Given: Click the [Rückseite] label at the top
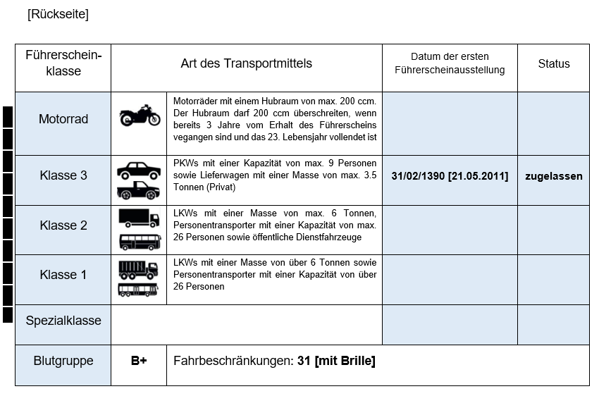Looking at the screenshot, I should click(58, 14).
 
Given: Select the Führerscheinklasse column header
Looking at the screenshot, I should click(63, 63).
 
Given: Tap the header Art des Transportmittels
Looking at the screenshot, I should click(246, 63).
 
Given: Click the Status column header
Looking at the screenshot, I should click(553, 63).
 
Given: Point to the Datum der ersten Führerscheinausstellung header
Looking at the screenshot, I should click(450, 63).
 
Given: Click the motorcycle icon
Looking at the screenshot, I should click(140, 115).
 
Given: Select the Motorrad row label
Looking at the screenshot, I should click(63, 119).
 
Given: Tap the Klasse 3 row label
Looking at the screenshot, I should click(63, 175).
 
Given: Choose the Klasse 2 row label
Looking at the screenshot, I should click(63, 225).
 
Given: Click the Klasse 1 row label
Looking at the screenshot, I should click(63, 275).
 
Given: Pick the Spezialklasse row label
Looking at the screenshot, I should click(63, 321).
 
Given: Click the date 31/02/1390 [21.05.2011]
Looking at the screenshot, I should click(450, 176).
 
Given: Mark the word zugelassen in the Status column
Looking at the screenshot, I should click(553, 176).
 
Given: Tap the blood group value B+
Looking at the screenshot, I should click(139, 361).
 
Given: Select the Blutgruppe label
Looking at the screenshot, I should click(63, 361).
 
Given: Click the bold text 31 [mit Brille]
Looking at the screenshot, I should click(336, 361).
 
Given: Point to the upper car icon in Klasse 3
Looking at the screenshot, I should click(138, 170).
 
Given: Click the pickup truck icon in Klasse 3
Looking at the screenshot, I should click(138, 190).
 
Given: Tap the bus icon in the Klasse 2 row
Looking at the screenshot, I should click(140, 242).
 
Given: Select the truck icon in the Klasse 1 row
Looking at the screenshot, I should click(138, 268).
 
